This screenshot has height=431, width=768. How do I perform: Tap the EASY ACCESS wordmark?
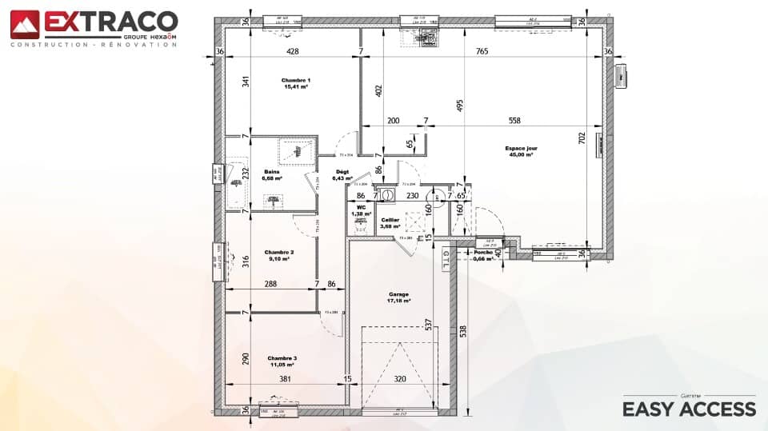click(689, 409)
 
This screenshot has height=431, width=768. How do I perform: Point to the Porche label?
click(483, 254)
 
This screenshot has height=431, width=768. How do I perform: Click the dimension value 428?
click(293, 51)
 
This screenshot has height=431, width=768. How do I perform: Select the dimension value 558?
click(514, 121)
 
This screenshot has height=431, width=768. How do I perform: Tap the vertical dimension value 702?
click(593, 138)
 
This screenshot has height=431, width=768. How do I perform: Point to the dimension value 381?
click(284, 379)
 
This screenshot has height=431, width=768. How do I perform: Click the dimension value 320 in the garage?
click(400, 379)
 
